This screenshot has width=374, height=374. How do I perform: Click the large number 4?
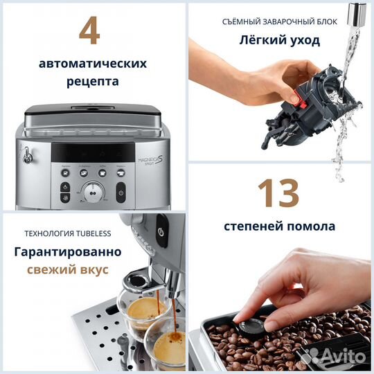(92, 30)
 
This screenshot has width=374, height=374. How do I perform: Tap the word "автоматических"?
(93, 64)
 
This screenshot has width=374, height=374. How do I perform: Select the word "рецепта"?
(93, 82)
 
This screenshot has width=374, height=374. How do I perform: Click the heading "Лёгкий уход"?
(280, 40)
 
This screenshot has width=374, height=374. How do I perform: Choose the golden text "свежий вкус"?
(67, 269)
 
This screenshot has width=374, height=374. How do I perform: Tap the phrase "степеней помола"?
(280, 226)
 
